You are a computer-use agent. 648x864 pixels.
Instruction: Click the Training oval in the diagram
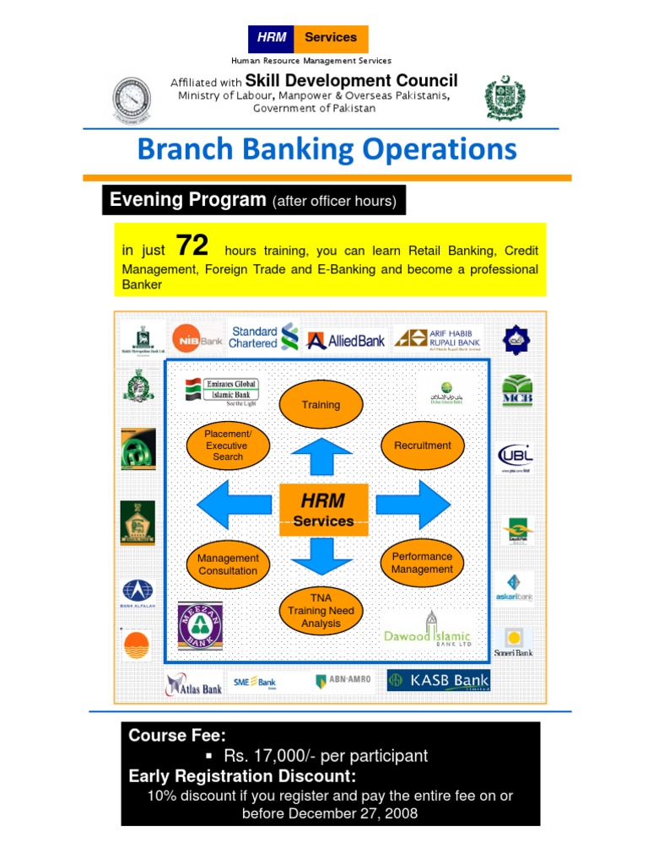pos(321,404)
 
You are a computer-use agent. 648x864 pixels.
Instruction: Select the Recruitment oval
pos(422,445)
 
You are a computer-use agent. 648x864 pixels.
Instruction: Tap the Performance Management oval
pos(422,563)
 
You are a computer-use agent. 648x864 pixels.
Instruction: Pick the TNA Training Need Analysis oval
pos(321,610)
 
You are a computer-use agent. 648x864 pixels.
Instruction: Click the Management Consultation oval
pos(228,564)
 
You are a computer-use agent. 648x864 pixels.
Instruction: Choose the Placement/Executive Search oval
pos(228,445)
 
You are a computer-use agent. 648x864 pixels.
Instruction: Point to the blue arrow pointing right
pos(413,505)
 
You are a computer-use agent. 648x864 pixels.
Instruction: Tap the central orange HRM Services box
pos(323,510)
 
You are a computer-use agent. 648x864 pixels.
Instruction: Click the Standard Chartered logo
pos(264,337)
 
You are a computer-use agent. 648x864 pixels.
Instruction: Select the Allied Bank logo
pos(346,340)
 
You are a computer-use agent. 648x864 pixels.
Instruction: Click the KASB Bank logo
pos(438,680)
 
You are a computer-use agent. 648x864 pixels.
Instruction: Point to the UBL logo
pos(516,457)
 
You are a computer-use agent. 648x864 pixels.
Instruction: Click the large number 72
pos(192,246)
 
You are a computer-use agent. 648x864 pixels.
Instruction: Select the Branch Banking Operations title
pos(327,149)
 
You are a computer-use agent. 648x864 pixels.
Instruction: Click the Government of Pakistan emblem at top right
pos(504,99)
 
